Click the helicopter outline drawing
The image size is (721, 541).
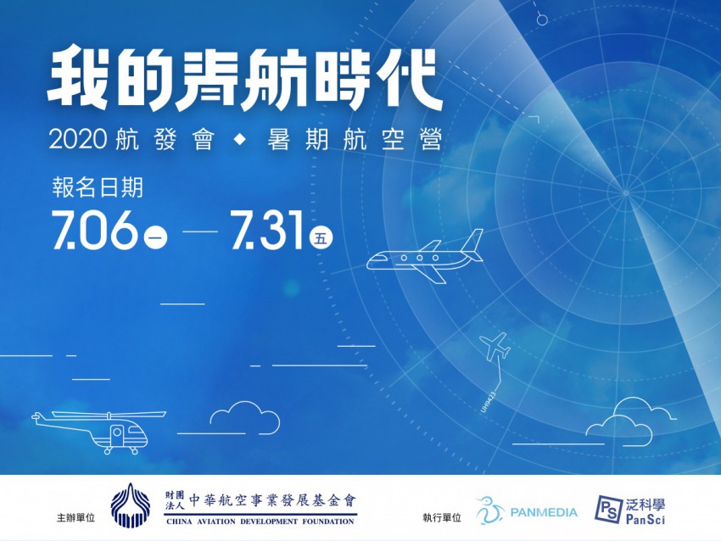(99, 431)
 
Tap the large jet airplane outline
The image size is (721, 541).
(425, 259)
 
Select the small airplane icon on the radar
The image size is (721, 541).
(495, 347)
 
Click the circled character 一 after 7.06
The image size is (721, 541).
(155, 238)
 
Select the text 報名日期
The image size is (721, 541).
(98, 188)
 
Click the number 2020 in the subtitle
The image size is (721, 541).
(78, 139)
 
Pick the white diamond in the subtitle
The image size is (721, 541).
(239, 140)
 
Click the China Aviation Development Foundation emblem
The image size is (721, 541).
(131, 505)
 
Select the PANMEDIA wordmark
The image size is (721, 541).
(544, 512)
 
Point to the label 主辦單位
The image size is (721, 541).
(75, 517)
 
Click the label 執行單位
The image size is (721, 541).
(441, 517)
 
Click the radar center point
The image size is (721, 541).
(625, 192)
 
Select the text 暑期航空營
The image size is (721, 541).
(355, 139)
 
